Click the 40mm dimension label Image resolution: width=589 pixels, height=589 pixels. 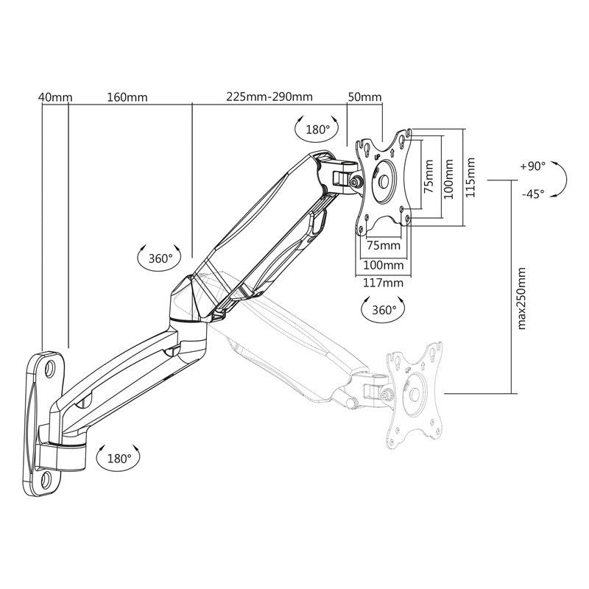click(55, 97)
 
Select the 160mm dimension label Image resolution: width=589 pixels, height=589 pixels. click(127, 97)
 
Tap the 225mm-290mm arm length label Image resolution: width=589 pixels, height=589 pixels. click(269, 96)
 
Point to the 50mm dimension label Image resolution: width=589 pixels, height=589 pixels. click(364, 97)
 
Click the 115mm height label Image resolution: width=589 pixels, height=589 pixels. click(470, 177)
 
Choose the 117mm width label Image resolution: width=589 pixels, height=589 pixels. click(383, 283)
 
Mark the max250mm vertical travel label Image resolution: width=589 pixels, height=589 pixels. click(521, 299)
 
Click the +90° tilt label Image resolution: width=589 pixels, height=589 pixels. click(533, 166)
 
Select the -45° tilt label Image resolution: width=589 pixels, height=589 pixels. click(533, 194)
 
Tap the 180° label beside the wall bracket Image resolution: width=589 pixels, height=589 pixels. click(119, 459)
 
